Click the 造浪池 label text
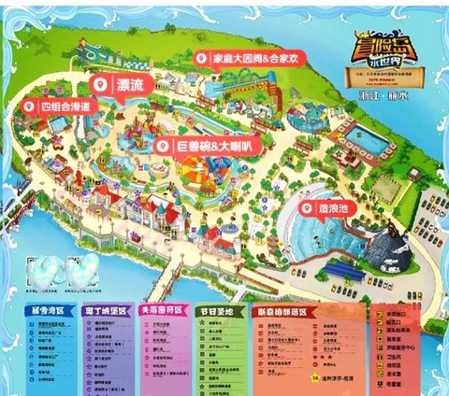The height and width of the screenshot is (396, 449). click(334, 210)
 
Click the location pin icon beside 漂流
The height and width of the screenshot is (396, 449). click(104, 85)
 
